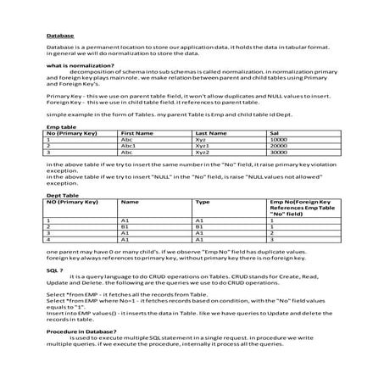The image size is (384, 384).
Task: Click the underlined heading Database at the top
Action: [x=59, y=36]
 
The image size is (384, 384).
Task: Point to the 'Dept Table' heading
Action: [x=61, y=196]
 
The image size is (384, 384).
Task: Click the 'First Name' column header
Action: [x=138, y=133]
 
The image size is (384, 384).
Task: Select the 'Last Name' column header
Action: [x=210, y=133]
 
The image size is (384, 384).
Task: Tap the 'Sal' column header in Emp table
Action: [x=273, y=133]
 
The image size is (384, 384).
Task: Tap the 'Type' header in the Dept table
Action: [x=203, y=203]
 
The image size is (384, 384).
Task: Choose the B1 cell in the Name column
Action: [x=125, y=227]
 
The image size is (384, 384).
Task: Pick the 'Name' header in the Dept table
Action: [x=130, y=203]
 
